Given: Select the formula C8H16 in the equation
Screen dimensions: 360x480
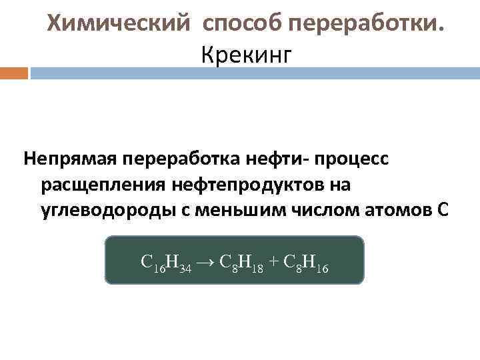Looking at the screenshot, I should pos(305,261).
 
